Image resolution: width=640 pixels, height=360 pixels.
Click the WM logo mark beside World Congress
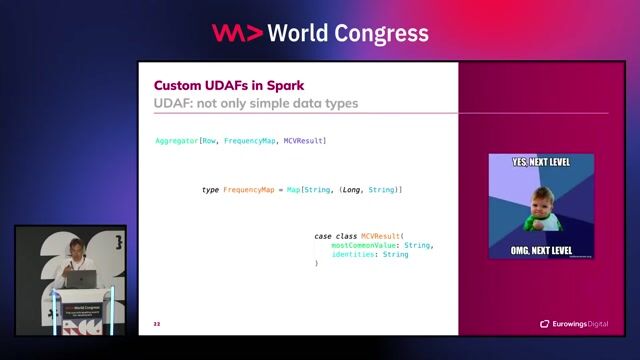pyautogui.click(x=237, y=33)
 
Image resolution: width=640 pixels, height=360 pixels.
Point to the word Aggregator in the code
pyautogui.click(x=176, y=141)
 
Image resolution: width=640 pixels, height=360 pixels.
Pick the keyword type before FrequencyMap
pyautogui.click(x=210, y=189)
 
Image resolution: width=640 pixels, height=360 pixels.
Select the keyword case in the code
pyautogui.click(x=323, y=237)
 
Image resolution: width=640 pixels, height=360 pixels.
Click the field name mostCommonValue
pyautogui.click(x=365, y=245)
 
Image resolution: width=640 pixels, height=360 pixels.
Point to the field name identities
pyautogui.click(x=354, y=254)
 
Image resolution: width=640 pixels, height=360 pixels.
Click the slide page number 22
pyautogui.click(x=156, y=324)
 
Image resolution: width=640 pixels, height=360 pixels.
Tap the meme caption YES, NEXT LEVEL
pyautogui.click(x=540, y=162)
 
